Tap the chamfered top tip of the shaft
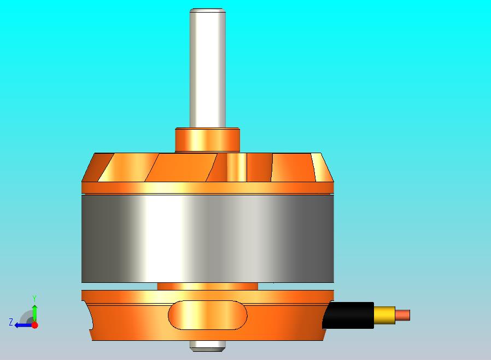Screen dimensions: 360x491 pyautogui.click(x=207, y=10)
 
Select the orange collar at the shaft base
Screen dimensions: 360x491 pyautogui.click(x=207, y=140)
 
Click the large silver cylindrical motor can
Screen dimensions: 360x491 pyautogui.click(x=207, y=239)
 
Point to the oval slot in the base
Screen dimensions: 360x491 pyautogui.click(x=207, y=315)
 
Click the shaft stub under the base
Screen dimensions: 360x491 pyautogui.click(x=207, y=345)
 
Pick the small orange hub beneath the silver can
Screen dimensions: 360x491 pyautogui.click(x=207, y=286)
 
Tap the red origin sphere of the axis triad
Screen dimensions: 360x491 pyautogui.click(x=34, y=325)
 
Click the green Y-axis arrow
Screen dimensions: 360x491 pyautogui.click(x=34, y=312)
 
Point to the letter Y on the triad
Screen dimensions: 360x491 pyautogui.click(x=34, y=298)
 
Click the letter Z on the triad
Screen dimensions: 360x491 pyautogui.click(x=10, y=322)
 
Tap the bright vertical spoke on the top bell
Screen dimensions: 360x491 pyautogui.click(x=237, y=167)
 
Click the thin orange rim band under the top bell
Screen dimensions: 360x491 pyautogui.click(x=207, y=188)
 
